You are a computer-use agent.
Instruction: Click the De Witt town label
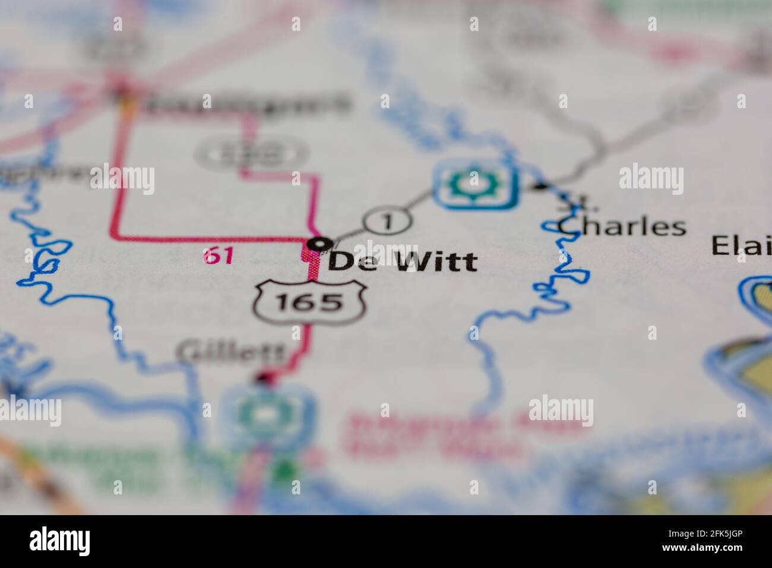coord(402,261)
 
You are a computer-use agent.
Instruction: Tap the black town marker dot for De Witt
coord(321,243)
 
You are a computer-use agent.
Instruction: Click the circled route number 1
coord(387,222)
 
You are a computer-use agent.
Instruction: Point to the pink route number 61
coord(217,256)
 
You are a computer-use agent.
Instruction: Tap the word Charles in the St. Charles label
coord(622,226)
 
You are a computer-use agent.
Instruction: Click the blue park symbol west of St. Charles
coord(473,185)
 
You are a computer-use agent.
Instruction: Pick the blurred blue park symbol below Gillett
coord(268,411)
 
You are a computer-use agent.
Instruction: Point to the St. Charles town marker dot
coord(539,187)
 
